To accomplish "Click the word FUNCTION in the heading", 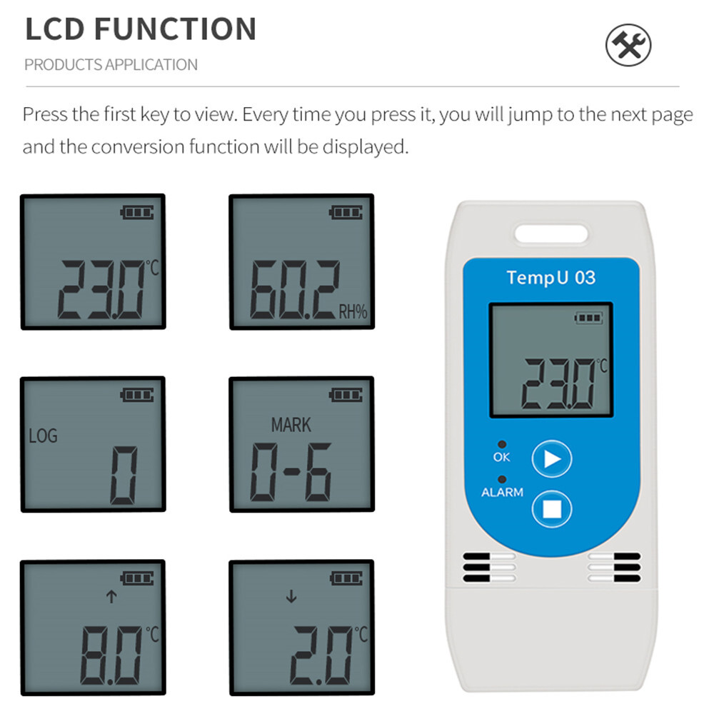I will (x=175, y=29).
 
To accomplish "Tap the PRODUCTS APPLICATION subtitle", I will (x=111, y=65).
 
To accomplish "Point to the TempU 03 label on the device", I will (x=550, y=277).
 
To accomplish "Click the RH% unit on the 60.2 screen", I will (x=352, y=311).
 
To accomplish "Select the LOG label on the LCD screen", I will (x=43, y=435).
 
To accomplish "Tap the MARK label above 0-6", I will (x=291, y=425).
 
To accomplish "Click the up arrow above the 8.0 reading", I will (x=111, y=597).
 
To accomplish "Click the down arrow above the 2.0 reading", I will (x=291, y=597).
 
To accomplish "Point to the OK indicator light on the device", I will (x=502, y=444).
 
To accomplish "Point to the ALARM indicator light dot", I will (x=502, y=479).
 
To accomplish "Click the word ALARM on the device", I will (x=502, y=493).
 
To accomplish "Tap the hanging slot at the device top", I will (x=551, y=233).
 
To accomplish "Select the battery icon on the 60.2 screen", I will (x=346, y=212).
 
